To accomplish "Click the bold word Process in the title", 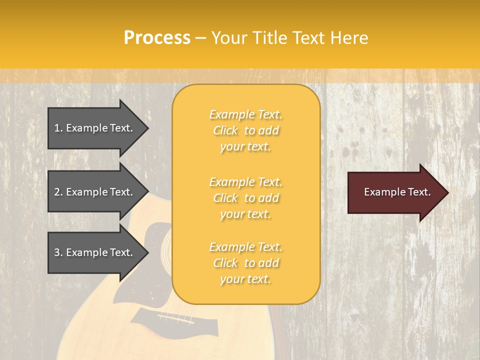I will click(x=157, y=38).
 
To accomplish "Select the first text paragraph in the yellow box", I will click(x=245, y=130).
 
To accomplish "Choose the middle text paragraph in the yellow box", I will click(x=245, y=198).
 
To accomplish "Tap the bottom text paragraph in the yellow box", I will click(x=245, y=263).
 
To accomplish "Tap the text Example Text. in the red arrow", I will click(x=397, y=192).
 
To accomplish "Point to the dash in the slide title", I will click(x=200, y=38).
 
